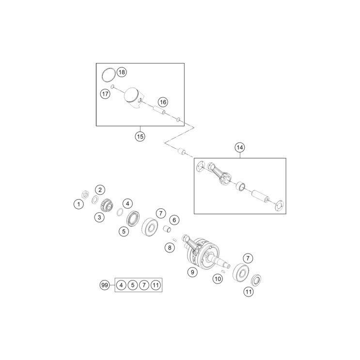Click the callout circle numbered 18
click(121, 72)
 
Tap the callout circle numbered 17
click(105, 94)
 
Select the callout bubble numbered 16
click(162, 102)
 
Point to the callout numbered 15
click(140, 136)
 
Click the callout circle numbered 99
click(104, 285)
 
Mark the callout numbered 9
click(192, 272)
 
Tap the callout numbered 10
click(218, 279)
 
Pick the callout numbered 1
click(78, 204)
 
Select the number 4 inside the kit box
click(121, 285)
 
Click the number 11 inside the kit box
click(155, 285)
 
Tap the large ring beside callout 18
click(109, 75)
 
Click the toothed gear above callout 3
click(102, 205)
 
